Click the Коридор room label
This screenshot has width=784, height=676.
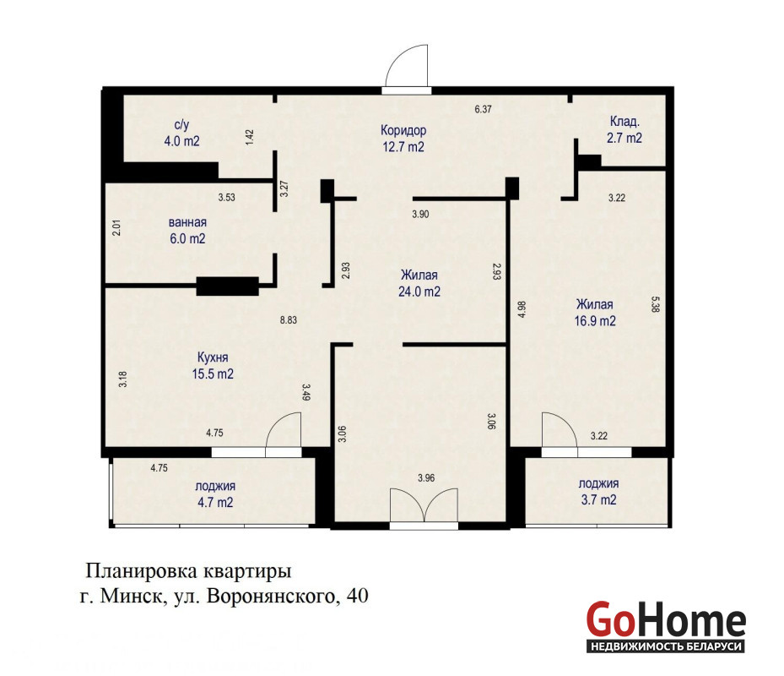coord(403,130)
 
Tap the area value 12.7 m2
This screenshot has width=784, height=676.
coord(403,147)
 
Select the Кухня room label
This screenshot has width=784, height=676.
coord(213,357)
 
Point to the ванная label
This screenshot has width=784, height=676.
coord(187,222)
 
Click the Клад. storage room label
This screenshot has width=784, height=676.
coord(624,121)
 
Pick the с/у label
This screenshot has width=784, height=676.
coord(181,125)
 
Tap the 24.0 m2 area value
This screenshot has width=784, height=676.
coord(419,292)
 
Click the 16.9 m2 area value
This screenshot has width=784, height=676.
coord(595,320)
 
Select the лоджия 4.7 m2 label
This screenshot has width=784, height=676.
coord(215,493)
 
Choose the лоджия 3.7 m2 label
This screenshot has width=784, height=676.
coord(598,491)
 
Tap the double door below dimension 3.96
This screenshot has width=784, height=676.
coord(424,506)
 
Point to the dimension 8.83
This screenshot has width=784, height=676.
coord(289,320)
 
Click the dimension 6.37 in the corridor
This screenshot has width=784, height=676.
coord(483,109)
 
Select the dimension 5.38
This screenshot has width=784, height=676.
coord(656,304)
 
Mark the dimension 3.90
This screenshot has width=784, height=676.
coord(420,215)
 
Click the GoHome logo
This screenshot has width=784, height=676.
coord(666,626)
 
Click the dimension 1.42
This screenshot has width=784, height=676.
coord(250,138)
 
